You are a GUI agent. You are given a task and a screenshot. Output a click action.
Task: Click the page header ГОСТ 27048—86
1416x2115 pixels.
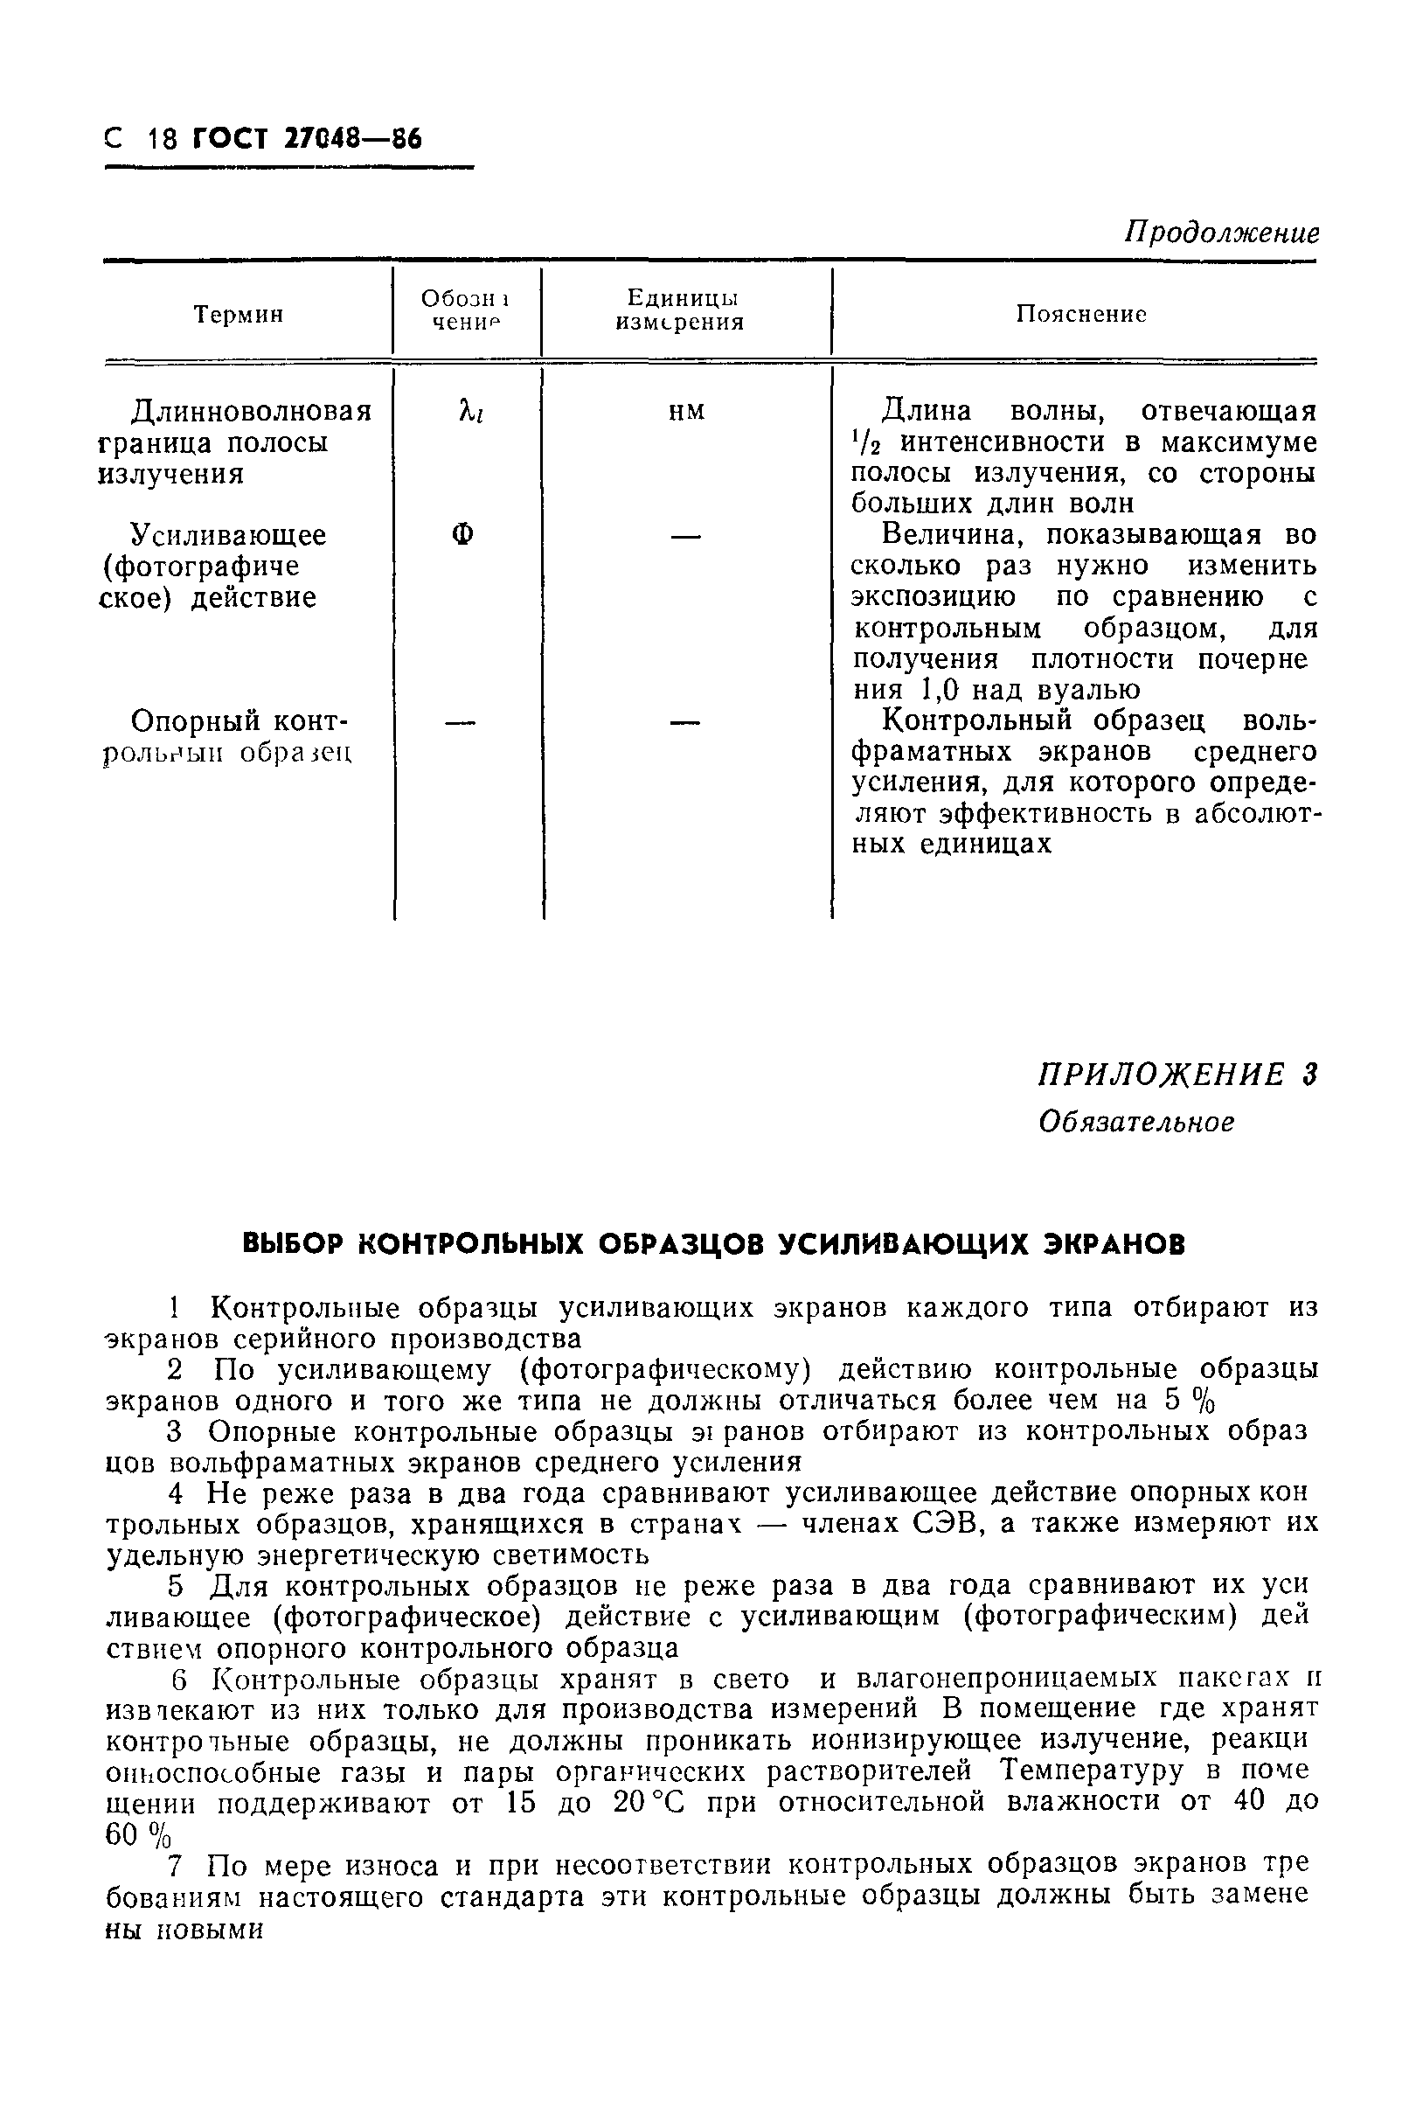pos(307,138)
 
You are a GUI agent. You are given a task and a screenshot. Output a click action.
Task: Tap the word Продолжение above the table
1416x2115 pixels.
pos(1221,233)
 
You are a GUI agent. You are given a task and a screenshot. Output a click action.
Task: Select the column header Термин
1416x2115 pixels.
pos(239,314)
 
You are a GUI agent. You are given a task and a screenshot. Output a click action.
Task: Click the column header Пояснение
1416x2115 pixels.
pos(1081,313)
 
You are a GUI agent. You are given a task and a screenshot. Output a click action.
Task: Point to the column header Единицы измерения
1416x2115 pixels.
pos(683,310)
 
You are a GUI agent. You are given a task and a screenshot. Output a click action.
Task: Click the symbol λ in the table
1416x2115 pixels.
pos(467,411)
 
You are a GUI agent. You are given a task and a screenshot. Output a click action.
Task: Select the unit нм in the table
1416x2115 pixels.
pos(685,412)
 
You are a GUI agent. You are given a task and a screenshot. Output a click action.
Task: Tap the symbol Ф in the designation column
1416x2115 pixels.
pos(462,535)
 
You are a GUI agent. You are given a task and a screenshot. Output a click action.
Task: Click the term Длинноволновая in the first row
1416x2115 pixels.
pos(251,412)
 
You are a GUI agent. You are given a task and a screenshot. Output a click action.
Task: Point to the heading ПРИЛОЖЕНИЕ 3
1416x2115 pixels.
pos(1177,1075)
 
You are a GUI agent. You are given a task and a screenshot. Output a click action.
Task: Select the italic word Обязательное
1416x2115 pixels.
pos(1135,1123)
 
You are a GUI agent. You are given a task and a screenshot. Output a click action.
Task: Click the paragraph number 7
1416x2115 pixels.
pos(179,1864)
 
